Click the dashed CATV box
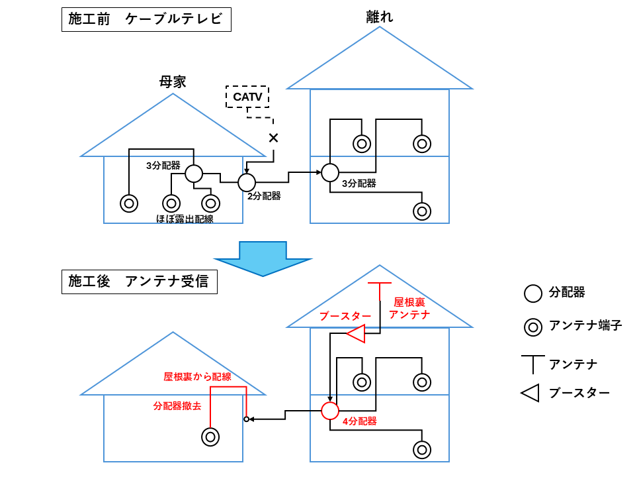coord(247,97)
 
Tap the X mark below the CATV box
coord(273,138)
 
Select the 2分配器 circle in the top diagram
coord(247,182)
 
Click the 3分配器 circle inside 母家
coord(193,174)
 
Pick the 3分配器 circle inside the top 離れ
coord(330,173)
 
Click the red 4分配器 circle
coord(330,411)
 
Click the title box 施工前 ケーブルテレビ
coord(146,19)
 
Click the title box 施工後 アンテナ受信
coord(139,282)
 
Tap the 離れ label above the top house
coord(380,17)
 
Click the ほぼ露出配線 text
coord(185,219)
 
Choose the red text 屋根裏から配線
coord(197,376)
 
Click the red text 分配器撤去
coord(177,405)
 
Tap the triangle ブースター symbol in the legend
coord(530,393)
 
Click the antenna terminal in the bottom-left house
coord(210,437)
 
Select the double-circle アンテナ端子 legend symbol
coord(532,326)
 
